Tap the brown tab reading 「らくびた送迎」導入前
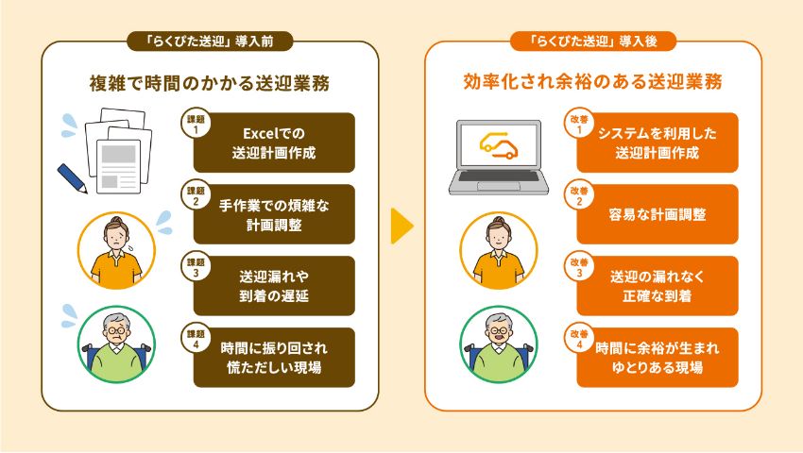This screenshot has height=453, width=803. click(x=210, y=42)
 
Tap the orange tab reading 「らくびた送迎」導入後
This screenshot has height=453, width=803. click(x=592, y=42)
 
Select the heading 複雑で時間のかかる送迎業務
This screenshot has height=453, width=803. click(x=210, y=82)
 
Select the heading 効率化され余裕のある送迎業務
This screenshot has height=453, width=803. click(x=593, y=82)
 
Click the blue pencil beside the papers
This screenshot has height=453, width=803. click(x=72, y=176)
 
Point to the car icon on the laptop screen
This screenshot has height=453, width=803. click(x=497, y=144)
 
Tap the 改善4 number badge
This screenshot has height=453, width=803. click(x=578, y=338)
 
